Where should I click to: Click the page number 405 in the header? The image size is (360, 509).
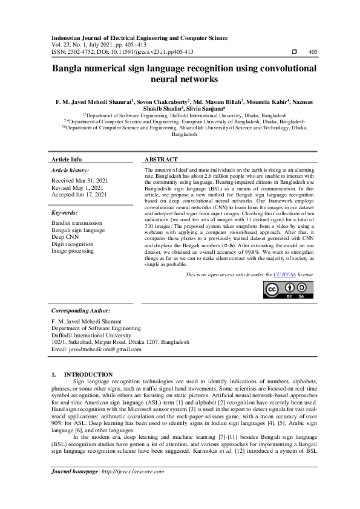tap(313, 52)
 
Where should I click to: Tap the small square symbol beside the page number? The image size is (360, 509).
tap(294, 52)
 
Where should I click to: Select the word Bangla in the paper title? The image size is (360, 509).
tap(70, 69)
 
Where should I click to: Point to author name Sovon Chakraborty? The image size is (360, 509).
tap(164, 102)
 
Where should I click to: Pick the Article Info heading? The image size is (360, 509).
tap(67, 160)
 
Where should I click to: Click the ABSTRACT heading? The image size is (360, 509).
tap(161, 160)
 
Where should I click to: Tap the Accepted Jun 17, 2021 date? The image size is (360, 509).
tap(79, 195)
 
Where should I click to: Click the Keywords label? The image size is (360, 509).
tap(65, 213)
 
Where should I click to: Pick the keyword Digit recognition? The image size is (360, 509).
tap(73, 244)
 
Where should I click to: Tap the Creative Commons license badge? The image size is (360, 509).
tap(280, 290)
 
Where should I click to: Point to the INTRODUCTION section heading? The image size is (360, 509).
tap(88, 375)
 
